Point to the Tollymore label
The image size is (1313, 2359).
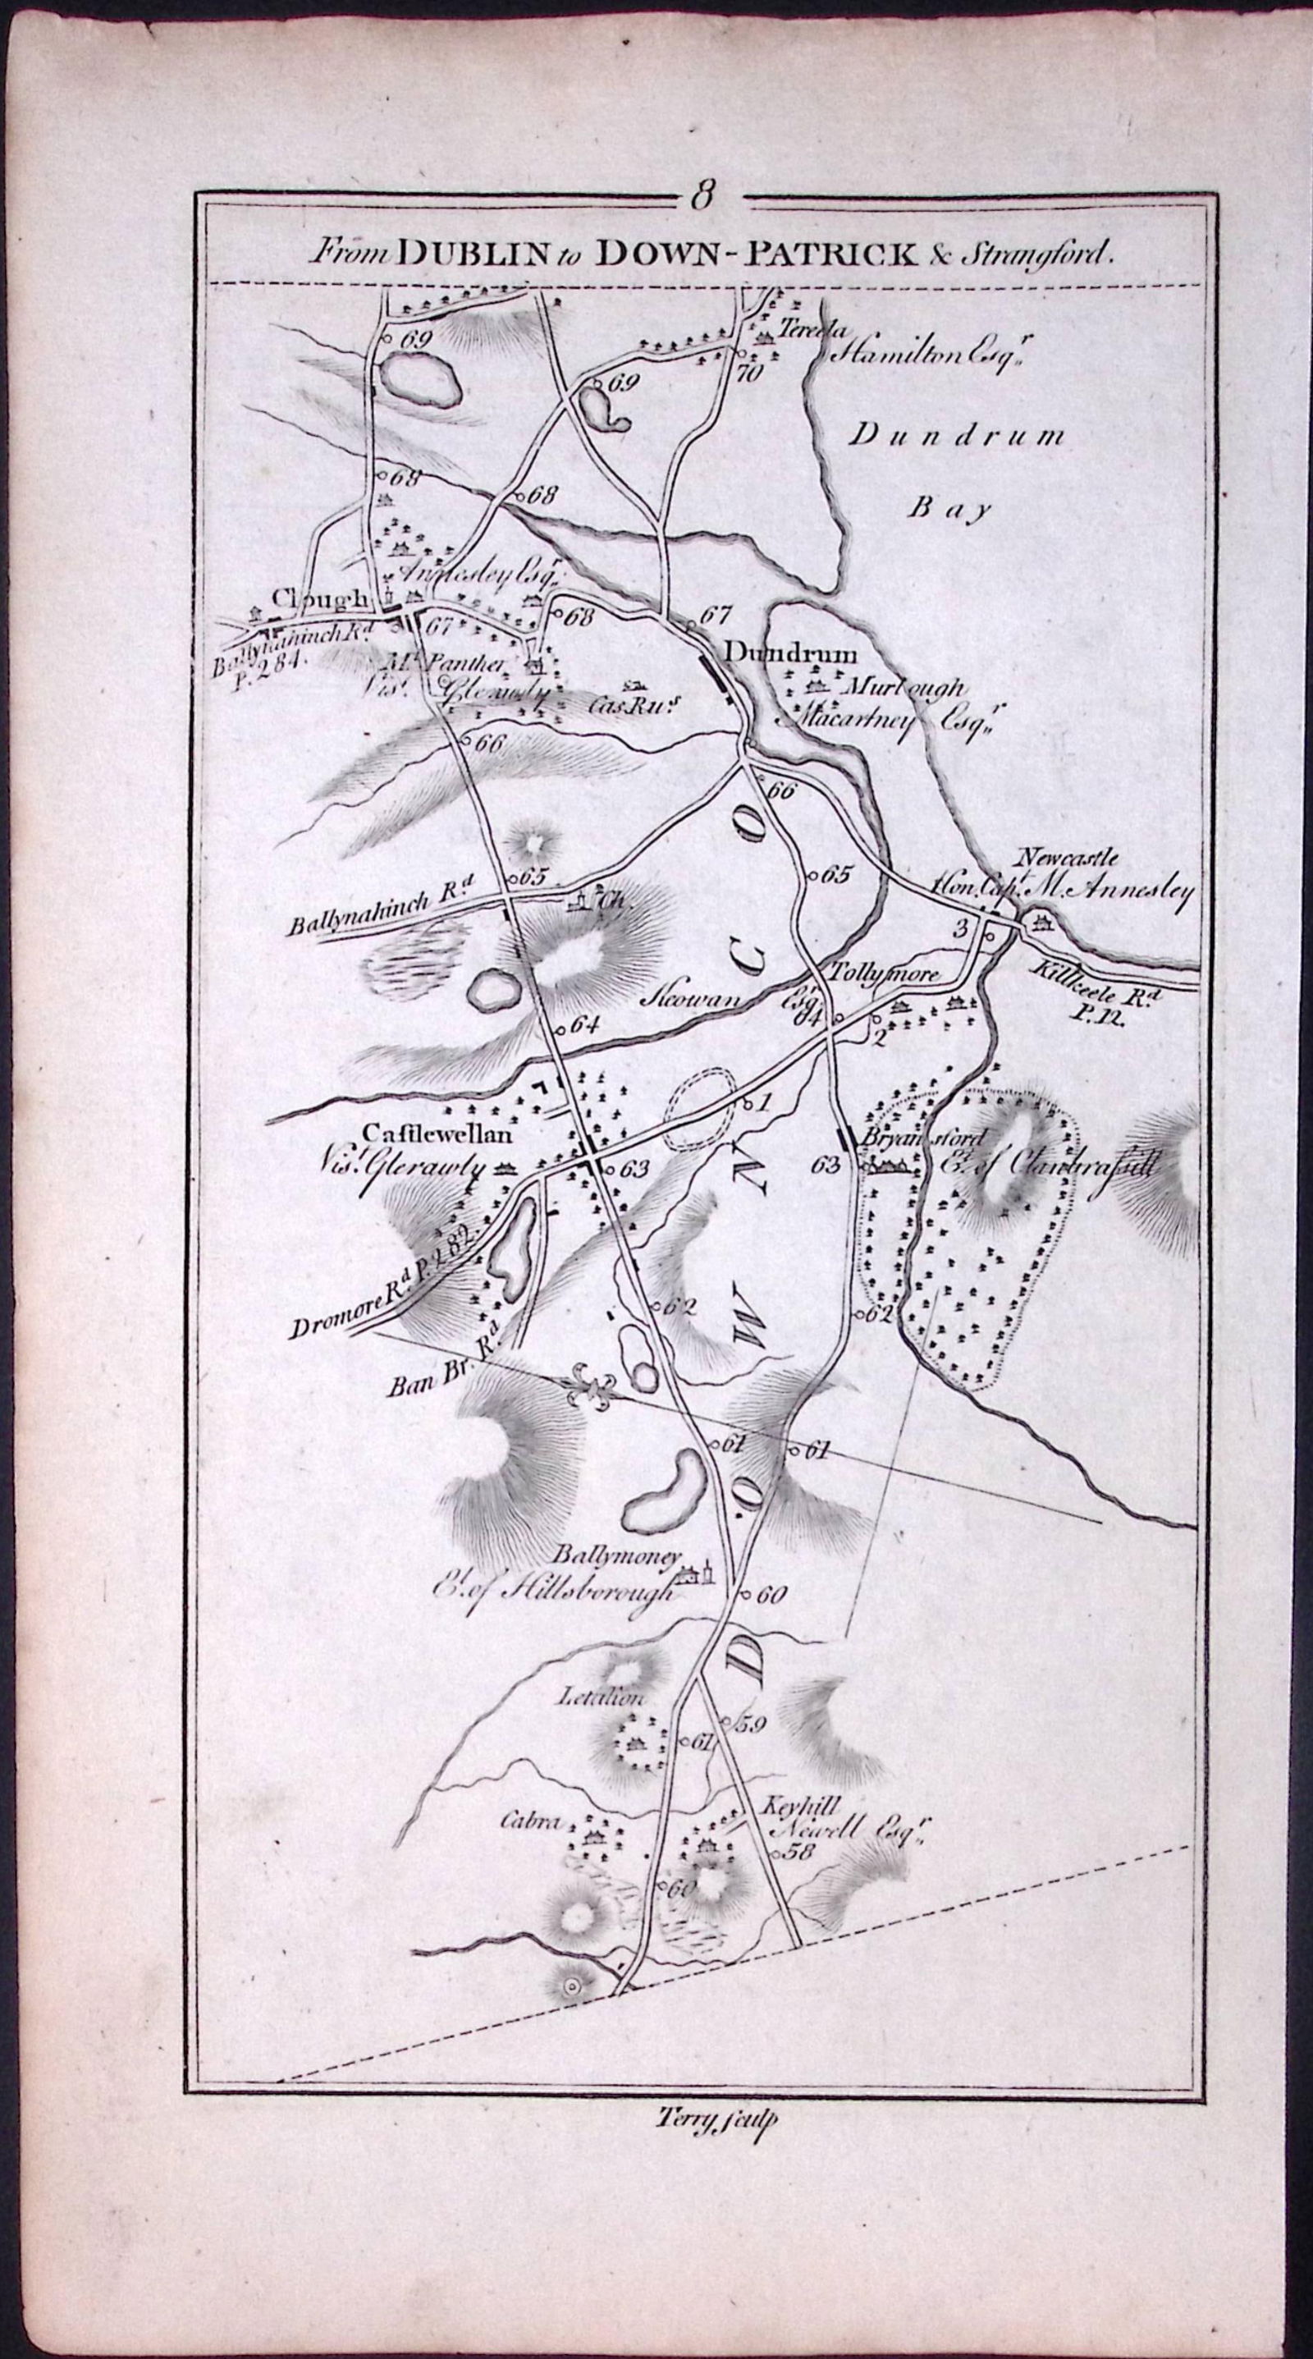(x=885, y=976)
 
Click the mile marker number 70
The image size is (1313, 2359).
(x=748, y=373)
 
